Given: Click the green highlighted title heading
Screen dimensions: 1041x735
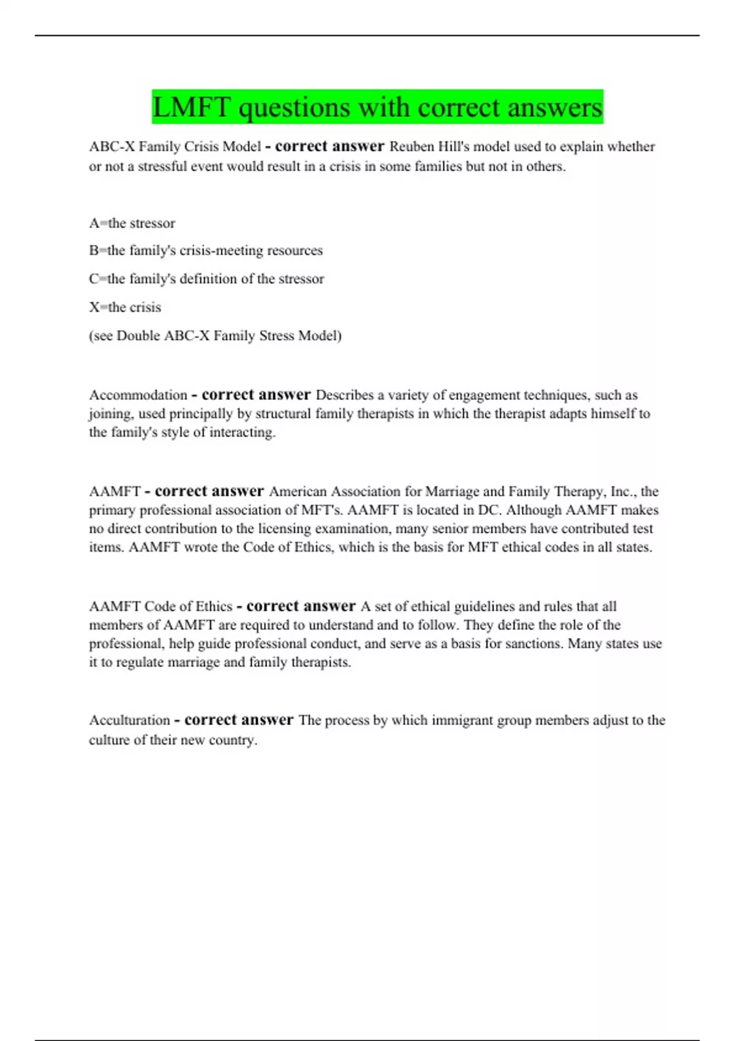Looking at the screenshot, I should (x=377, y=107).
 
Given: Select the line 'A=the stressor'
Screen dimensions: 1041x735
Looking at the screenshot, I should (x=132, y=223).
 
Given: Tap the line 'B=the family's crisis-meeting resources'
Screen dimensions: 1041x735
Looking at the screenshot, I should (x=206, y=250).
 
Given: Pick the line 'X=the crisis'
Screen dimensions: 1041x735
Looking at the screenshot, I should (x=125, y=307).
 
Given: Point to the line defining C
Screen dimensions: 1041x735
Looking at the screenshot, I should (x=206, y=279).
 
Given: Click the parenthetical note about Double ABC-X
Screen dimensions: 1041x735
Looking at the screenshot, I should (x=215, y=336).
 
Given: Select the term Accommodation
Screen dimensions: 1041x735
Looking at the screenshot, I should (x=138, y=395).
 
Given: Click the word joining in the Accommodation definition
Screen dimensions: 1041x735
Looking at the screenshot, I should (x=110, y=414).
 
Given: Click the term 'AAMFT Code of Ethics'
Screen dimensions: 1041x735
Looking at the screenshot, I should (x=160, y=607).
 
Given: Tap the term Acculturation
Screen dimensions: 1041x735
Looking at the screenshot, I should (x=129, y=720).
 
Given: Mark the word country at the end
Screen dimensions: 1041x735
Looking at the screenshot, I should (x=232, y=740).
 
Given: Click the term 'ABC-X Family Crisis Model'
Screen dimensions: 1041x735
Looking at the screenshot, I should (x=175, y=147).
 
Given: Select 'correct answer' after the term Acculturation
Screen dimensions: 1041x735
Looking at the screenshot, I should (x=239, y=720).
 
